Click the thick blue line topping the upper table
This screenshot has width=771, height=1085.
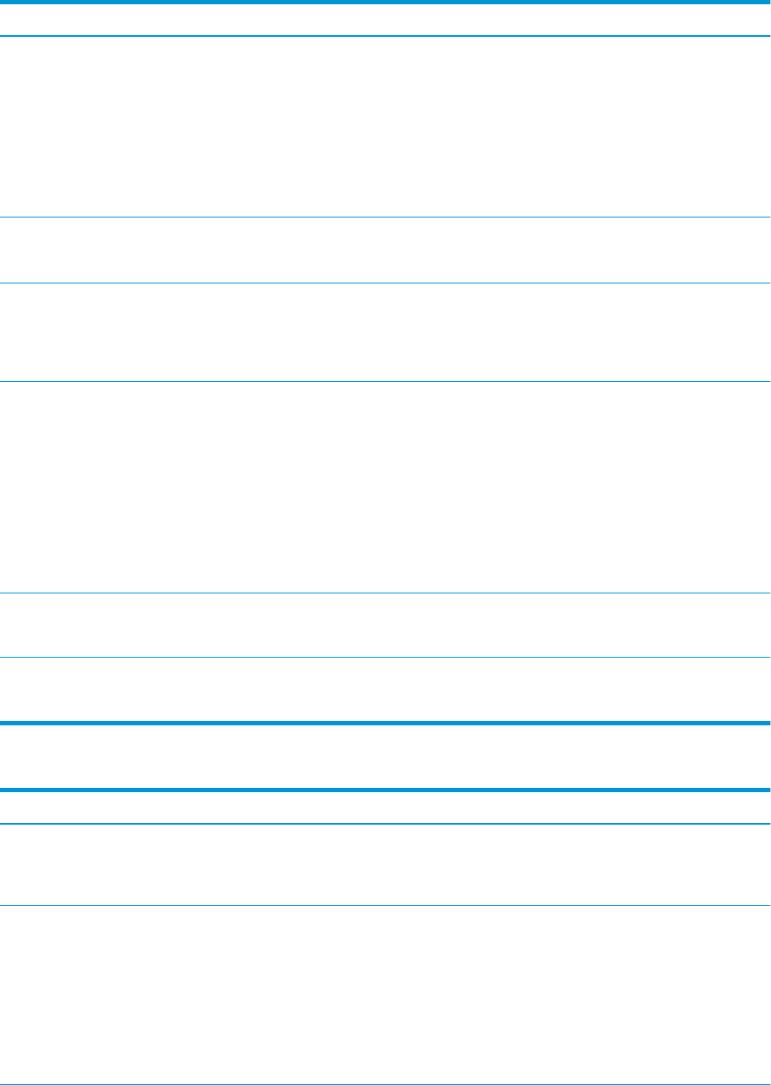click(x=385, y=3)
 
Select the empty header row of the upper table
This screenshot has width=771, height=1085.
click(x=385, y=20)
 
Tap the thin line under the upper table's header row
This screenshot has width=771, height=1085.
click(x=385, y=36)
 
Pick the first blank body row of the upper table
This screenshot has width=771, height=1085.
click(x=385, y=127)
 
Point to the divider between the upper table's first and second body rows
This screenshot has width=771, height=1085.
click(x=385, y=218)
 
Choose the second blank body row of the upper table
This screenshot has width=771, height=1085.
click(x=385, y=251)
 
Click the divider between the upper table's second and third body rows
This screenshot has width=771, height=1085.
click(x=385, y=283)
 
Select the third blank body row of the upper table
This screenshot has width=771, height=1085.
click(x=385, y=332)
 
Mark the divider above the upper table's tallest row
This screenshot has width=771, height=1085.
click(x=385, y=382)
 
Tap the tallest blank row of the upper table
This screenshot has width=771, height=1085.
click(x=385, y=487)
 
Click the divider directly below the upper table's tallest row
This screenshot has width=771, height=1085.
click(x=385, y=593)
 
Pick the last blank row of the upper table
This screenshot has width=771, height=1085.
click(x=385, y=689)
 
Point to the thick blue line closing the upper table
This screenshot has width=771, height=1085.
click(x=385, y=724)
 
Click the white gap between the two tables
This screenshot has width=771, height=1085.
click(x=385, y=756)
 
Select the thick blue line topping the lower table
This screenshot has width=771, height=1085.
click(x=385, y=790)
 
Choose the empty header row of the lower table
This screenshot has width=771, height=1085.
click(x=385, y=807)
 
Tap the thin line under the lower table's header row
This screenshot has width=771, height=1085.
click(x=385, y=824)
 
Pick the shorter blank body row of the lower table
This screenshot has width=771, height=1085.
click(x=385, y=865)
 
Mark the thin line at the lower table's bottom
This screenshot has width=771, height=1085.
click(x=385, y=1084)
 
